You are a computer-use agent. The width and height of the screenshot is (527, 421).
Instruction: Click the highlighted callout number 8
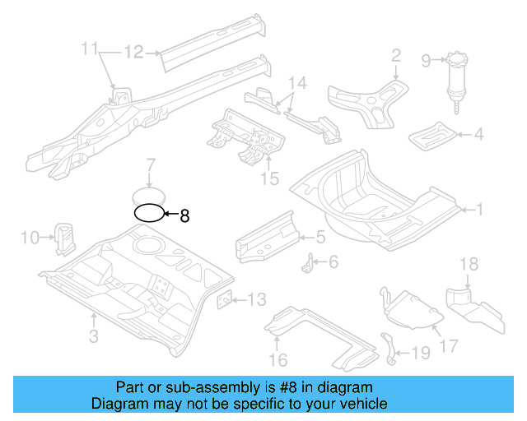pyautogui.click(x=184, y=216)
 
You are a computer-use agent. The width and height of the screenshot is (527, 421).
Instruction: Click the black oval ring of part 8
pyautogui.click(x=149, y=214)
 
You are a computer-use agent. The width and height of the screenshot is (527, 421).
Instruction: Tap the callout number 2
pyautogui.click(x=395, y=55)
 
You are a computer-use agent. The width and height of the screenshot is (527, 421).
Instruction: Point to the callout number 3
pyautogui.click(x=94, y=335)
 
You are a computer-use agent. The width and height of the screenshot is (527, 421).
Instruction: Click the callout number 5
pyautogui.click(x=321, y=238)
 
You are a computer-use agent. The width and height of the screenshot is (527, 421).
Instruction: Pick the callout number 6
pyautogui.click(x=333, y=262)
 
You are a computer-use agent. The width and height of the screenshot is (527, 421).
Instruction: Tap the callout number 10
pyautogui.click(x=30, y=238)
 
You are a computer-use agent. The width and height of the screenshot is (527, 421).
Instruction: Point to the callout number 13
pyautogui.click(x=256, y=299)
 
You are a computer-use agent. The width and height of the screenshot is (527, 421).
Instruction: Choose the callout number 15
pyautogui.click(x=269, y=178)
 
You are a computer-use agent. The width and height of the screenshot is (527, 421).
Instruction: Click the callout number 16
pyautogui.click(x=277, y=359)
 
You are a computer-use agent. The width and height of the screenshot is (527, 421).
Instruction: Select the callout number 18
pyautogui.click(x=468, y=263)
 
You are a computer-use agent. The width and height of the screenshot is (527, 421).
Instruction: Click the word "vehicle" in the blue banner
pyautogui.click(x=360, y=404)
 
